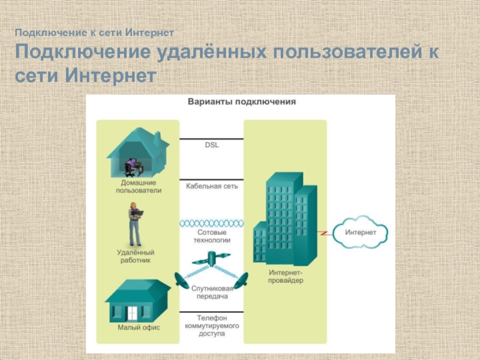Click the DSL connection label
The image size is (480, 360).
tap(212, 145)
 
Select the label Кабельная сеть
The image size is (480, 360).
tap(212, 186)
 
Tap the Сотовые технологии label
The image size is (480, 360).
tap(212, 235)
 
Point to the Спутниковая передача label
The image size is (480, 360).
tap(212, 292)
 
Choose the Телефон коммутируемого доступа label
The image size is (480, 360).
tap(211, 325)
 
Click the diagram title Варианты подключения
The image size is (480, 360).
tap(242, 102)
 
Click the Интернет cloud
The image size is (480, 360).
tap(361, 232)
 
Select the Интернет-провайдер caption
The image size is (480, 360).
tap(283, 276)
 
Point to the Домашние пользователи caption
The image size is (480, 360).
tap(139, 186)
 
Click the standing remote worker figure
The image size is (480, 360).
tap(135, 224)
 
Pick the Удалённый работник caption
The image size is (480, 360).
tap(135, 257)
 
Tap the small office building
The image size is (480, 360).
tap(137, 302)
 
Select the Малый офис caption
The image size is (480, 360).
tap(138, 328)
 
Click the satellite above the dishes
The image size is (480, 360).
tap(211, 260)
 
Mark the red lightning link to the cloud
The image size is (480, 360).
tap(323, 232)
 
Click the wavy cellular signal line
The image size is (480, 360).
tap(212, 223)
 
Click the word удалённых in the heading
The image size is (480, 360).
tap(210, 53)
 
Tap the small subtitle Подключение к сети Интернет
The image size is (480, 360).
tap(95, 31)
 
